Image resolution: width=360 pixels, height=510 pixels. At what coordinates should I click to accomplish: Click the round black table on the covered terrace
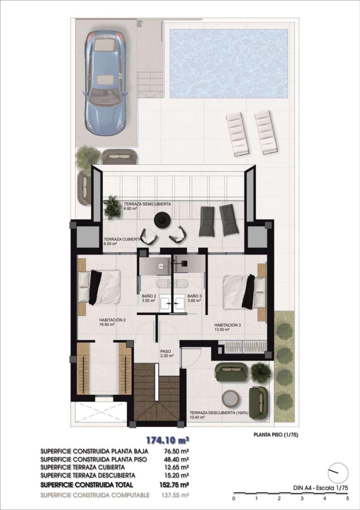162,220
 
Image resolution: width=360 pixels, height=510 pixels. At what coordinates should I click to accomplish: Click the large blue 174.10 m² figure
168,440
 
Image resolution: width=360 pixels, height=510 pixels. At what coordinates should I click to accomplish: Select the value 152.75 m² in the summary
174,485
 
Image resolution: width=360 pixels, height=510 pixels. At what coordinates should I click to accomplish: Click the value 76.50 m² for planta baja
175,451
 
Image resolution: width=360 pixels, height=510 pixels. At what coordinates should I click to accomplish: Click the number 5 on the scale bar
348,499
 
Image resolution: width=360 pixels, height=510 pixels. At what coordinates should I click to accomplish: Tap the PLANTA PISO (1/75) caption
276,435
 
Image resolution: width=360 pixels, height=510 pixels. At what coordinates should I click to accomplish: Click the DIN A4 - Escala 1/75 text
320,488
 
